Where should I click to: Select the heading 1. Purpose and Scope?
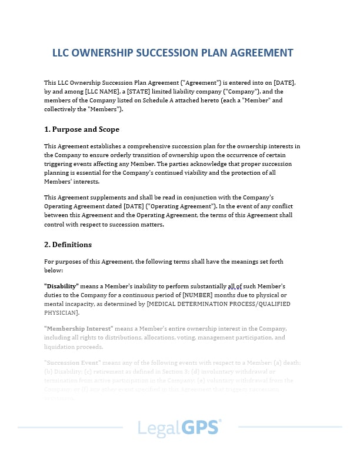(x=82, y=129)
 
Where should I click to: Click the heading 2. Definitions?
(x=68, y=244)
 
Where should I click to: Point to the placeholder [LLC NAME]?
(x=102, y=92)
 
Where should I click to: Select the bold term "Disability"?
(x=61, y=285)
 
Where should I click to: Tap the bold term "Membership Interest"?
(x=79, y=328)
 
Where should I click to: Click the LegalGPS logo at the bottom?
(x=180, y=428)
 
